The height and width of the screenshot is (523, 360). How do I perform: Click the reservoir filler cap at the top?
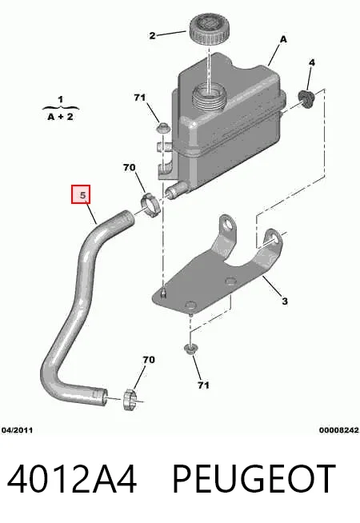coord(209,28)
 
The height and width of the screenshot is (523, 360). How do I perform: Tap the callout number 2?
coord(152,35)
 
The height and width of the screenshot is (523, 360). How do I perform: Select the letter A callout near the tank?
coord(283,39)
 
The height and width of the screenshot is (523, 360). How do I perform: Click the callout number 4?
coord(312,62)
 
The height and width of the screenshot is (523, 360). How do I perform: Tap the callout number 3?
coord(285,301)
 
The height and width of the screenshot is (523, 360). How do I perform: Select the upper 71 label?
coord(140,98)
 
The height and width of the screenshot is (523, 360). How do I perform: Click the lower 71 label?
coord(203,385)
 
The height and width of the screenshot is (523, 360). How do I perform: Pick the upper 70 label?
coord(129,167)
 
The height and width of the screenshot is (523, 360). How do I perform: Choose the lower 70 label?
coord(149,360)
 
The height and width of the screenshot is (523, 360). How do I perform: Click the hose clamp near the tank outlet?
coord(150,204)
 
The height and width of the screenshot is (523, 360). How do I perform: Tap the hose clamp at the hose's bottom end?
coord(130,399)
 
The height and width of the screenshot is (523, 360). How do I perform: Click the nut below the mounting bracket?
coord(190,349)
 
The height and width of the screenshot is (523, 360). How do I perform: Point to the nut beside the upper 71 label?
coord(163,128)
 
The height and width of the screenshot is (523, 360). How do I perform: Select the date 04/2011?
coord(17,430)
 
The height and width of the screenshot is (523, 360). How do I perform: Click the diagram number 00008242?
coord(338,430)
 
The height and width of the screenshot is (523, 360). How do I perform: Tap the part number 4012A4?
coord(72,479)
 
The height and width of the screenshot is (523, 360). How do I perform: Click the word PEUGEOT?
coord(254,479)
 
